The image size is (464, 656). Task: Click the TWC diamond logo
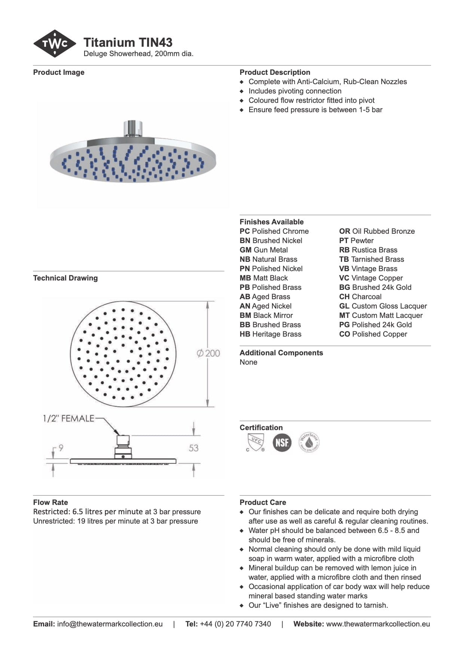(55, 44)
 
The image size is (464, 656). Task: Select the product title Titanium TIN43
(128, 42)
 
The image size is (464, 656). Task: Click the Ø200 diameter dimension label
(208, 353)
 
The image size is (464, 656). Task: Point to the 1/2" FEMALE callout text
(68, 418)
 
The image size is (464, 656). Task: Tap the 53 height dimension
(193, 448)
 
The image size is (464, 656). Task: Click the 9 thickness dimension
(61, 448)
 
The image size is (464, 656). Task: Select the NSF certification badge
(282, 442)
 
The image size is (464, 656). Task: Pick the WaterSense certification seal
(309, 442)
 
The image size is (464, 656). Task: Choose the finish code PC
(244, 231)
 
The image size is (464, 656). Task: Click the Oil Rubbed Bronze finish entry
(377, 231)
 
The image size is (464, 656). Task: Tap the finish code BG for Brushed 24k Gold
(344, 287)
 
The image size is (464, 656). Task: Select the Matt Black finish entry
(264, 278)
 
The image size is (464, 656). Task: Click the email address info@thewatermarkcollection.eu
(110, 624)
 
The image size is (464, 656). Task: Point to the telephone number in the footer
(235, 624)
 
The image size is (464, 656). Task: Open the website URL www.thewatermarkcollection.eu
(378, 624)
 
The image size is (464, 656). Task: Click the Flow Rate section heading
(51, 502)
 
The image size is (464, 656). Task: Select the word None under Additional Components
(248, 362)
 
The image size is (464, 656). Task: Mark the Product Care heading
(263, 502)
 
